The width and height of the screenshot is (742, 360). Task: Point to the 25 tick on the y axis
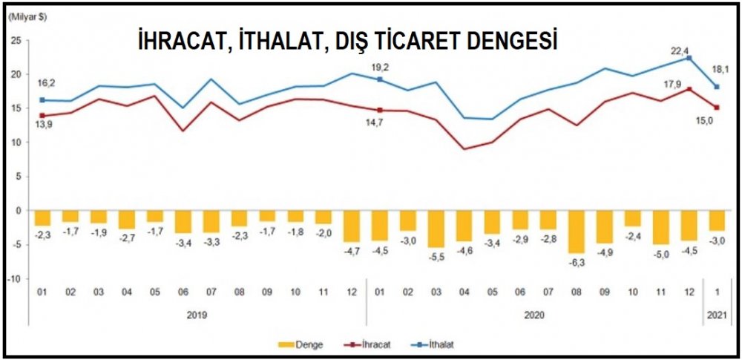[x=16, y=40]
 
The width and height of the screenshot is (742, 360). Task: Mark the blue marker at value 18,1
[x=715, y=87]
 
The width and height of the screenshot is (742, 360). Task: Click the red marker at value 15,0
[x=715, y=108]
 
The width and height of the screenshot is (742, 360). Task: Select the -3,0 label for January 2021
[x=716, y=240]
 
